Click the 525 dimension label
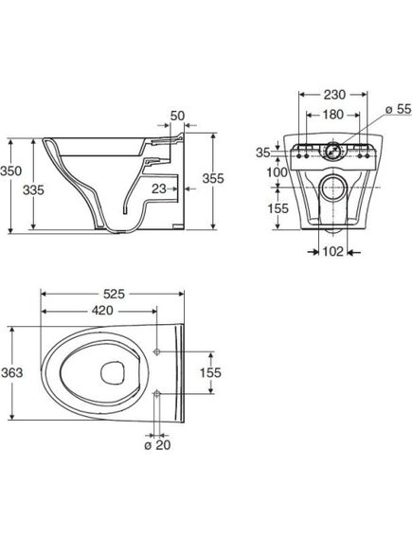click(x=114, y=294)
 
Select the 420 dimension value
click(x=102, y=311)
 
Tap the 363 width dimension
click(x=11, y=372)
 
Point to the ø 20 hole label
click(x=157, y=445)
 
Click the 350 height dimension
click(x=11, y=171)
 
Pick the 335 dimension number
click(x=33, y=189)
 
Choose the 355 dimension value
click(x=213, y=178)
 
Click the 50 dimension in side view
click(x=177, y=116)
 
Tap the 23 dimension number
click(x=159, y=189)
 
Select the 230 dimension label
click(x=334, y=95)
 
